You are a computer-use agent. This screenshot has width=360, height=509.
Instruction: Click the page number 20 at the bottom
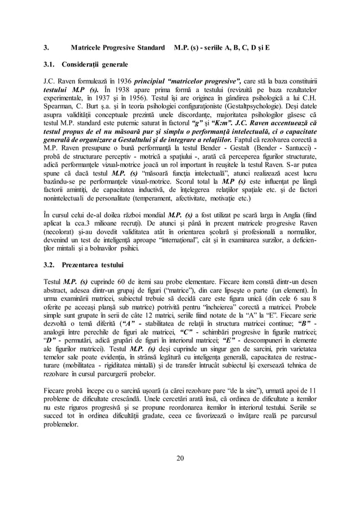click(180, 473)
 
